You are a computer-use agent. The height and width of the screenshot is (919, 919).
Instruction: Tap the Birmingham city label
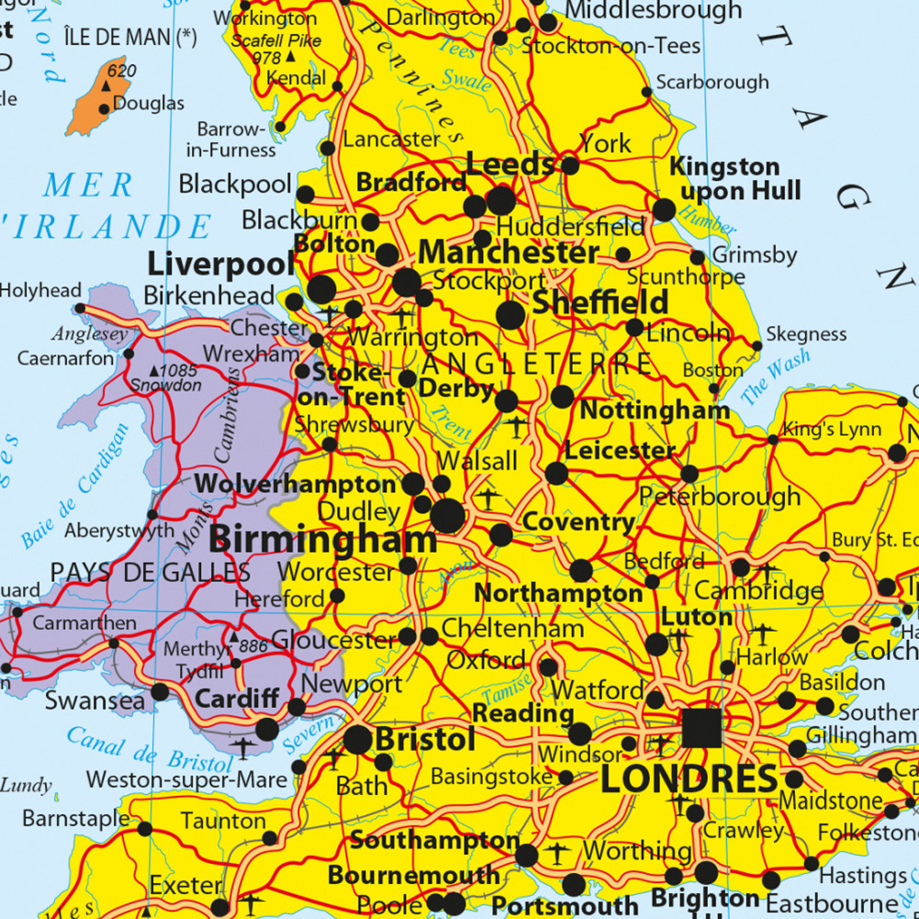coord(322,540)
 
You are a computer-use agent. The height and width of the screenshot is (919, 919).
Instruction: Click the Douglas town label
coord(148,104)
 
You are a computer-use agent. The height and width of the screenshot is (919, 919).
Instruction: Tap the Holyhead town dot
coord(80,308)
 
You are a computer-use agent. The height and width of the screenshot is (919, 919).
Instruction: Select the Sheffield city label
coord(600,303)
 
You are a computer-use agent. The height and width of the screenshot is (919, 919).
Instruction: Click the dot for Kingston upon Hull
coord(664,210)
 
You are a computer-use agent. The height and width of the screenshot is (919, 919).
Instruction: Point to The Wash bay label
coord(776,377)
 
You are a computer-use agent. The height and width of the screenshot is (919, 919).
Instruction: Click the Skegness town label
coord(805,334)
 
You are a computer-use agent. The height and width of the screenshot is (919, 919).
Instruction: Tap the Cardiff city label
coord(237,699)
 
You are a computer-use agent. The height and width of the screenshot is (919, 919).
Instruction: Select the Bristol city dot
coord(357,740)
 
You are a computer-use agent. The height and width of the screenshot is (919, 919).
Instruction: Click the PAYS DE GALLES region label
coord(150,573)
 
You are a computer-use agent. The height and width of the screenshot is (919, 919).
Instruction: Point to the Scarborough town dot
coord(646,93)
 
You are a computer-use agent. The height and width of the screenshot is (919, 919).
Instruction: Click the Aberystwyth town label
coord(118,531)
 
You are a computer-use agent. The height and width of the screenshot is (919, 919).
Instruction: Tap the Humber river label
coord(709,222)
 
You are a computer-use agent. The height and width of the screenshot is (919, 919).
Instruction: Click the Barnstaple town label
coord(76,817)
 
